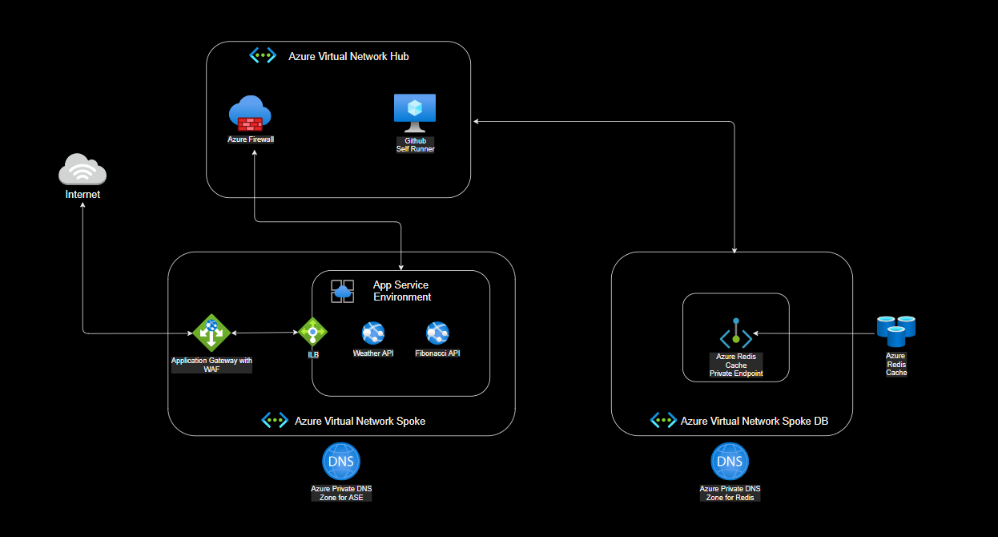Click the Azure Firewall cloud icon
[249, 114]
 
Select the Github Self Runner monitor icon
[415, 113]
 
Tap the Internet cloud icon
[82, 169]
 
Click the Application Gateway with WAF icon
[211, 333]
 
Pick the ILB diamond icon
[312, 330]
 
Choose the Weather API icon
[373, 333]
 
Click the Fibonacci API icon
[437, 333]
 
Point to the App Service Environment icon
[343, 291]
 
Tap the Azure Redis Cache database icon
[895, 330]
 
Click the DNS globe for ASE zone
[341, 462]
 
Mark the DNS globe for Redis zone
[730, 462]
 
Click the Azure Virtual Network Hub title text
[349, 57]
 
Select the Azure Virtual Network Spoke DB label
[755, 421]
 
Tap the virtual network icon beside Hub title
[264, 56]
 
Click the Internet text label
[82, 194]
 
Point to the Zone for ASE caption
[341, 498]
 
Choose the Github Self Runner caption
[415, 145]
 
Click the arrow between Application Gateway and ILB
[264, 332]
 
